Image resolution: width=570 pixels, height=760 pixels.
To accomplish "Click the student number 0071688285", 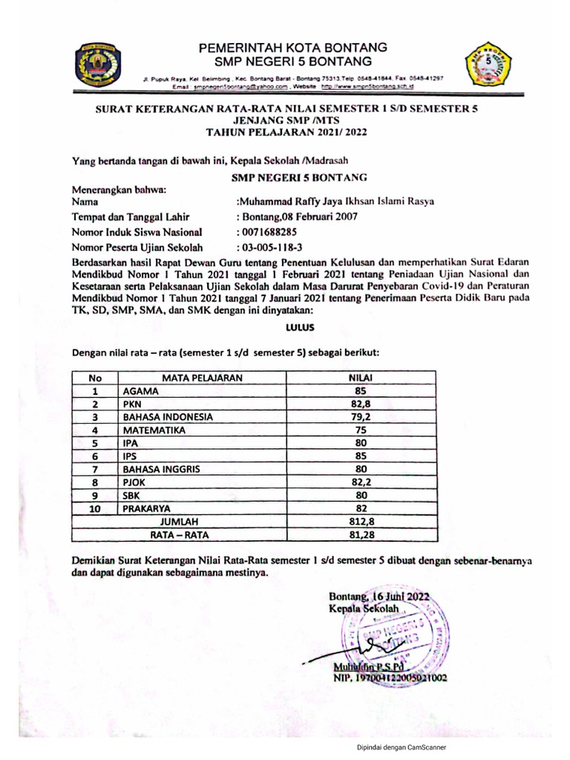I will coord(266,232).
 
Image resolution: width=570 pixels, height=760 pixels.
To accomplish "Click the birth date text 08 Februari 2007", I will coord(316,217).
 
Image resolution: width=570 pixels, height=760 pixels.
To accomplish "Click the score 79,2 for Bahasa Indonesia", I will coord(360,416).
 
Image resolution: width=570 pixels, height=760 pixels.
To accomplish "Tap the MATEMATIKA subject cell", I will coord(156,430).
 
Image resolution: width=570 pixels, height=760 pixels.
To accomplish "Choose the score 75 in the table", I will coord(360,430).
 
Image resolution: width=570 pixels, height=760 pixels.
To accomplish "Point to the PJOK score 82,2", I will coord(360,482).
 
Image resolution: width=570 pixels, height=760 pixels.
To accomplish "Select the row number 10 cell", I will coord(95,508).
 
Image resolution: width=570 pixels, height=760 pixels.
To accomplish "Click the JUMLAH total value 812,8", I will coord(360,522).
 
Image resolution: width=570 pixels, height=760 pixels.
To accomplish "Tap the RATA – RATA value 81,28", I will coord(360,534).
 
